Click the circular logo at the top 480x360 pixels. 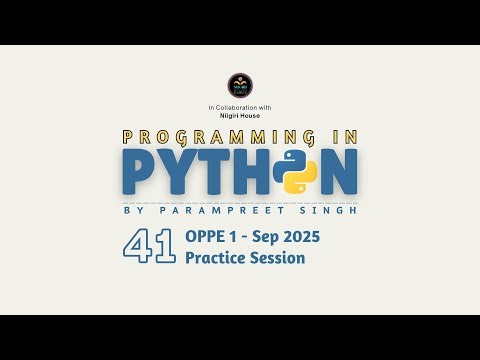[240, 84]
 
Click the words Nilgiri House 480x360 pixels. [240, 115]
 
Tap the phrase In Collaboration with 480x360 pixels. [240, 107]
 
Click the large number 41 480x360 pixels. [149, 246]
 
